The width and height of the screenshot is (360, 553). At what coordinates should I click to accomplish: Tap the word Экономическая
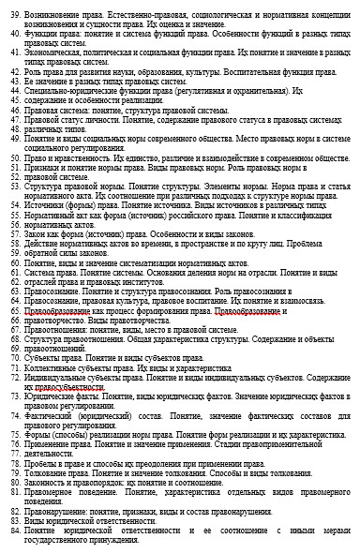[x=54, y=52]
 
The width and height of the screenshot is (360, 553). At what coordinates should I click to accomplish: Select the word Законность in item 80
[x=46, y=483]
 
